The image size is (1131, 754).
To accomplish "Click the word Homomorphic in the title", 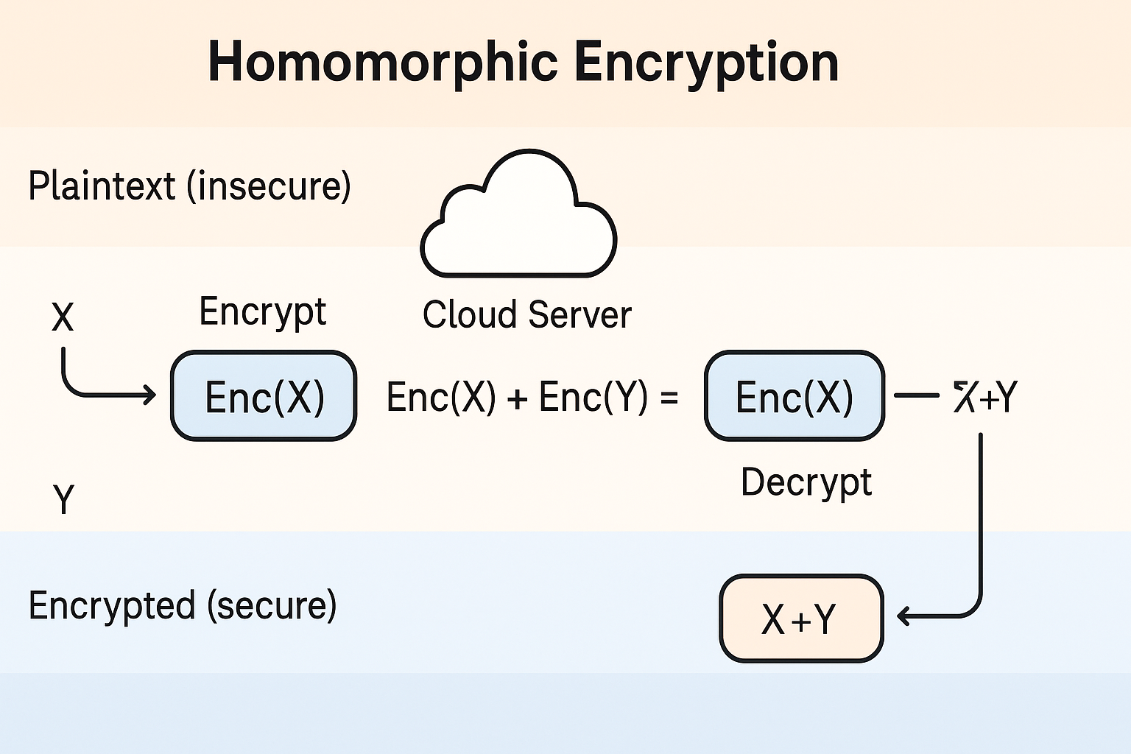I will click(x=382, y=62).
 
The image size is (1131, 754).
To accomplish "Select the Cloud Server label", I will click(x=526, y=314).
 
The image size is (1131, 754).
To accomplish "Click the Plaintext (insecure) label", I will click(x=189, y=186).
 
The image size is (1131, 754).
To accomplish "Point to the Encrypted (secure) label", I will click(x=183, y=605).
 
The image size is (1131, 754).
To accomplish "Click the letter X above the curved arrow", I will click(x=63, y=317).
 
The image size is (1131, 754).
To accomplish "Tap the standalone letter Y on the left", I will click(x=64, y=499).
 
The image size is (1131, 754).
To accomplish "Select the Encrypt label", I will click(x=262, y=312).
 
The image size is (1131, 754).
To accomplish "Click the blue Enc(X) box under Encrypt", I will click(x=264, y=396).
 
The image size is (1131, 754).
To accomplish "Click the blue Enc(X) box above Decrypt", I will click(x=794, y=396).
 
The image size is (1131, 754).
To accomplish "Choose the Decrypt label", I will click(x=806, y=483).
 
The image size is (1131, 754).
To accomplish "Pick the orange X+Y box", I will click(x=800, y=619).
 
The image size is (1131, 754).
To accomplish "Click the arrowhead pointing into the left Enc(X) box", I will click(x=150, y=395).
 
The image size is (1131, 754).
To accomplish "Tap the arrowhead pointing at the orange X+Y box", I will click(x=904, y=616).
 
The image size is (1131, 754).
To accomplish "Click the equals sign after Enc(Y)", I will click(x=669, y=398).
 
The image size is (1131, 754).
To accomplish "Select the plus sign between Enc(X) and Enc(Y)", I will click(x=517, y=398).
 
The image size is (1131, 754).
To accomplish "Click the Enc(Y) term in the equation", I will click(x=593, y=397).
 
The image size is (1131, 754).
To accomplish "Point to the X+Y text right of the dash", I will click(x=985, y=396).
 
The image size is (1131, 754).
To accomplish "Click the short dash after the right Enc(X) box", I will click(x=916, y=395).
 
